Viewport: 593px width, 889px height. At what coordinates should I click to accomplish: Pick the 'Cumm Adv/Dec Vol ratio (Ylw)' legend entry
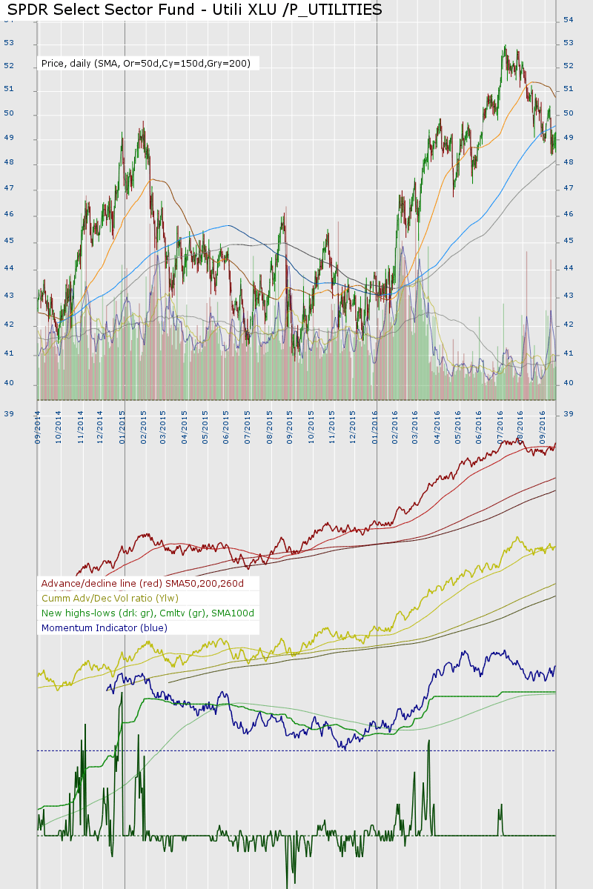tap(110, 599)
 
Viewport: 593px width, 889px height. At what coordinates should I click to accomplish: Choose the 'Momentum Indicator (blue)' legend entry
tap(105, 628)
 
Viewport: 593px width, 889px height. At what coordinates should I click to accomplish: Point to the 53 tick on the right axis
tap(569, 43)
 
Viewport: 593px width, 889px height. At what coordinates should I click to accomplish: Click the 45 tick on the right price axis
tap(569, 241)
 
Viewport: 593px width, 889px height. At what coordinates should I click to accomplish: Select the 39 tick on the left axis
tap(9, 413)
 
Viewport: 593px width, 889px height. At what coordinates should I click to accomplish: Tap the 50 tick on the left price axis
tap(9, 114)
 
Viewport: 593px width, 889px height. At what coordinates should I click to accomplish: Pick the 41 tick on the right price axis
tap(569, 353)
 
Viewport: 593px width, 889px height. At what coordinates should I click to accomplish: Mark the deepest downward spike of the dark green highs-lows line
tap(287, 885)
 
